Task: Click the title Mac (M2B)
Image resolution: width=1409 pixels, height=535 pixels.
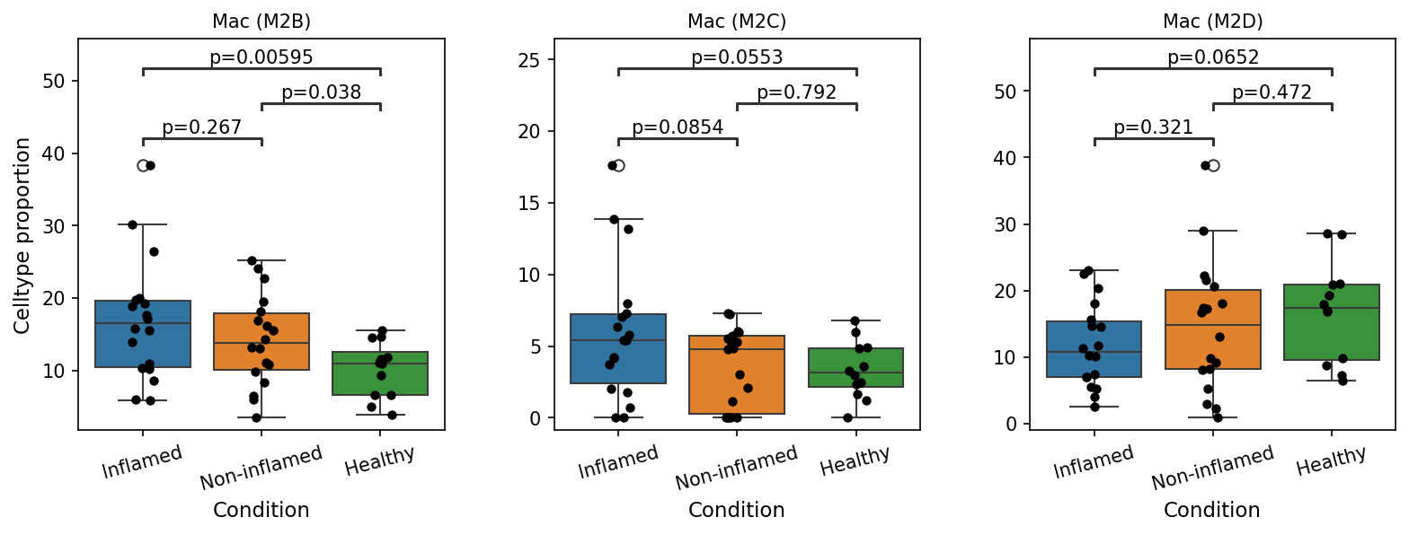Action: (261, 22)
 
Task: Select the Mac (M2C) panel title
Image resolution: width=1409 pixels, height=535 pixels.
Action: (737, 22)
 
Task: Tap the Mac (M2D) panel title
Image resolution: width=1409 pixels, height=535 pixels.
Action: (1212, 22)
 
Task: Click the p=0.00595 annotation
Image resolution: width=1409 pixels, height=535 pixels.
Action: (261, 57)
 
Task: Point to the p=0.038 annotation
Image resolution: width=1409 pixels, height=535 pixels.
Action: (321, 92)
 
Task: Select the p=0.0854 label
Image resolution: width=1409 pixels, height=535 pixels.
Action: (678, 127)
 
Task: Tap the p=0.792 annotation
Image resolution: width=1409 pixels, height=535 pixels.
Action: (796, 92)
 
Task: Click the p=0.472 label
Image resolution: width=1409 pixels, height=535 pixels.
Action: (1272, 92)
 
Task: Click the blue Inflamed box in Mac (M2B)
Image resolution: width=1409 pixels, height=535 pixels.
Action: (143, 334)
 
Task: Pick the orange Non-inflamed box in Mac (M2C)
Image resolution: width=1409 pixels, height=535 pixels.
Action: (737, 374)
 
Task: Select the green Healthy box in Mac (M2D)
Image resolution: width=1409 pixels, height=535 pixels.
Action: (1332, 322)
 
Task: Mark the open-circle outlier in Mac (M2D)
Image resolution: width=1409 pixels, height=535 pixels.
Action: (1213, 165)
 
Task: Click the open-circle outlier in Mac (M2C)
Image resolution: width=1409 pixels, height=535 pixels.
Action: (618, 165)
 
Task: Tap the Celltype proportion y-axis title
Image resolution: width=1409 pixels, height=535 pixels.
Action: (22, 236)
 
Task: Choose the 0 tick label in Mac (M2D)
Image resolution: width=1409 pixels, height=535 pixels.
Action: (1013, 424)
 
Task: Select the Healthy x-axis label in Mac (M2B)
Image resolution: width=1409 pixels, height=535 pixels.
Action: (380, 460)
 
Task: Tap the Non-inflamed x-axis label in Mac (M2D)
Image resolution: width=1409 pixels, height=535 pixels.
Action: (1213, 467)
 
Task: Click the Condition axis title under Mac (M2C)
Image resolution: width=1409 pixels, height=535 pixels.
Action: (737, 509)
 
